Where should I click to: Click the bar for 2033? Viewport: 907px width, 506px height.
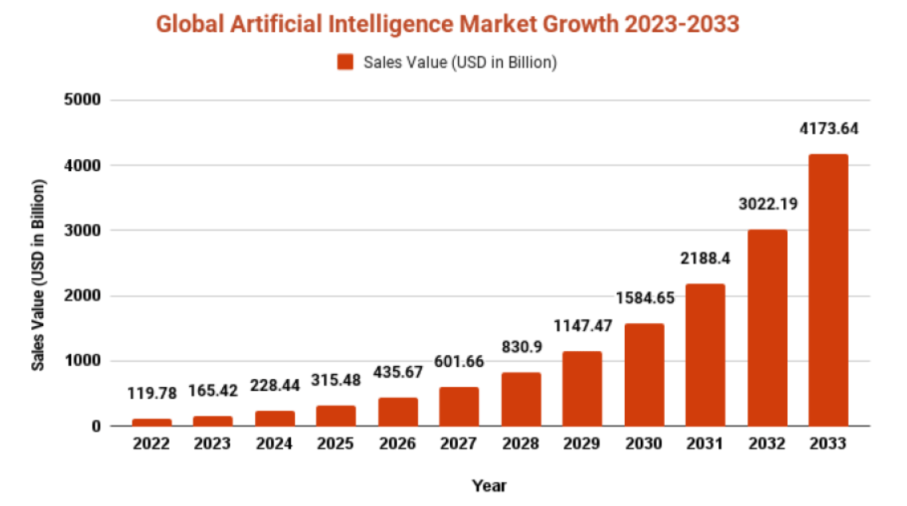(828, 289)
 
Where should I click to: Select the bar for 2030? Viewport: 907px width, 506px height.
(644, 374)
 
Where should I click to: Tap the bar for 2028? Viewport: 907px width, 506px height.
(521, 399)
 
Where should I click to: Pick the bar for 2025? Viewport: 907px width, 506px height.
(336, 416)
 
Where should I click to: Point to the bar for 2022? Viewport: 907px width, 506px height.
(152, 422)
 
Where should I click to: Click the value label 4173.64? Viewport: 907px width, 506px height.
(828, 128)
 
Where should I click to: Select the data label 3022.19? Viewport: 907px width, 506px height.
(766, 203)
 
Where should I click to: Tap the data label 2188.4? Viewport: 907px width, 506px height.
(706, 258)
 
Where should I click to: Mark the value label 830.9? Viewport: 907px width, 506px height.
(521, 347)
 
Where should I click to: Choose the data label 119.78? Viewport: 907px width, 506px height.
(152, 392)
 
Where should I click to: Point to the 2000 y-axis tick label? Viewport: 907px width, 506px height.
(84, 297)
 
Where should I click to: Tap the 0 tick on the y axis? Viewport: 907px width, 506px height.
(96, 427)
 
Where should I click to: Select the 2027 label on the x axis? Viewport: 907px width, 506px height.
(459, 444)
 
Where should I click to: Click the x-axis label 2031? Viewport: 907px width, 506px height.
(706, 444)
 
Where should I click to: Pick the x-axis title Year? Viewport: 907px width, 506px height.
(489, 485)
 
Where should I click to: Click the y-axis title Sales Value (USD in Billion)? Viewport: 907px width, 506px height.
(38, 274)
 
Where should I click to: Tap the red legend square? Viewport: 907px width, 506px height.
(345, 62)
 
